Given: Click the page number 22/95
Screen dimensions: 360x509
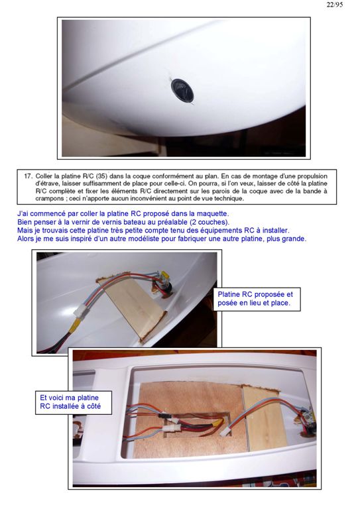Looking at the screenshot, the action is (335, 5).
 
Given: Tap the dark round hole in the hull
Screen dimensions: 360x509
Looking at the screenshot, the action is (182, 91).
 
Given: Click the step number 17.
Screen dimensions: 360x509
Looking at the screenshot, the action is (29, 176).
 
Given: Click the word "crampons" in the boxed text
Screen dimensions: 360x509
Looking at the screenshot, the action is (50, 198).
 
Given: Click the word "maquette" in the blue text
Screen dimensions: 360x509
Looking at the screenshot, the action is (213, 214).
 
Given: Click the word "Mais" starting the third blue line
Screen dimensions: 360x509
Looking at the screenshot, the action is (24, 231).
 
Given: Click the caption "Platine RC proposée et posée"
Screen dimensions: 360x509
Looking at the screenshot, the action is (255, 299).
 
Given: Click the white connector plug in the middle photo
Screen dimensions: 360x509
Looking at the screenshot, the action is (80, 311).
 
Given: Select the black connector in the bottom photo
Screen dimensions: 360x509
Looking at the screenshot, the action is (164, 416).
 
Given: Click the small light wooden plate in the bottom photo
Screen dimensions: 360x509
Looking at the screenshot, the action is (261, 419).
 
